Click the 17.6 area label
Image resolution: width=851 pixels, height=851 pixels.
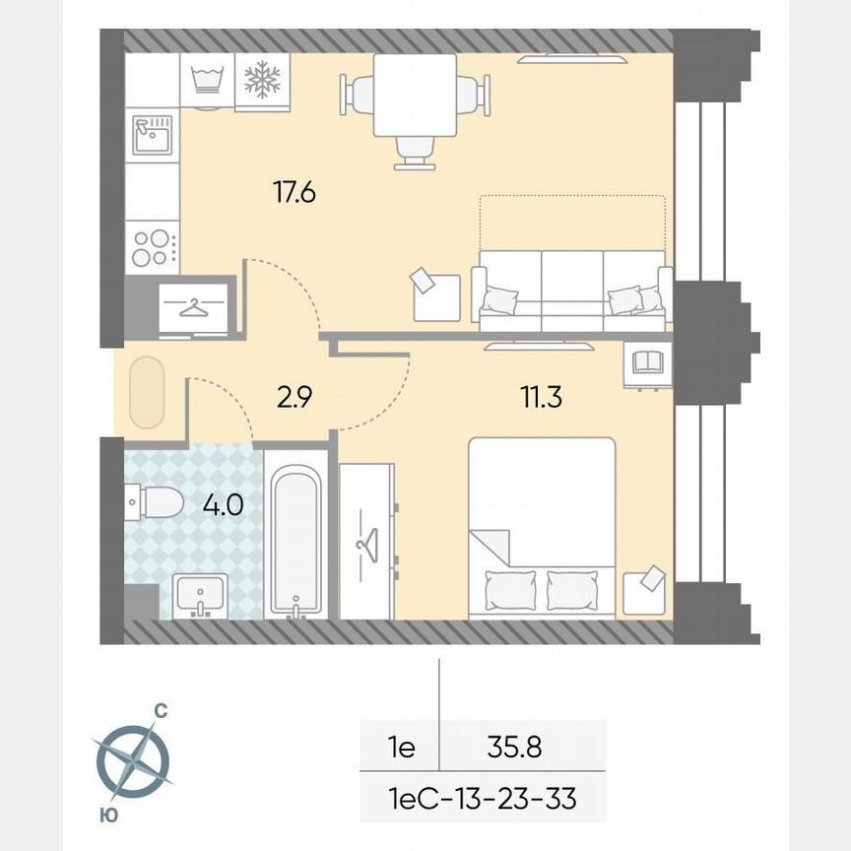point(294,191)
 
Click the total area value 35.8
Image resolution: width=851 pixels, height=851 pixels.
point(514,748)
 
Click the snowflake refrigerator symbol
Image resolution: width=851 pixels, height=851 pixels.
point(262,79)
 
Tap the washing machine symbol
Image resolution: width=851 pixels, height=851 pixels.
point(208,79)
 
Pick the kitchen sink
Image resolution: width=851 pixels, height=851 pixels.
point(153,136)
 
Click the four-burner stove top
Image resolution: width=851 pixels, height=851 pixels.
point(152,247)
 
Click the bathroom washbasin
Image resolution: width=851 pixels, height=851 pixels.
point(201,595)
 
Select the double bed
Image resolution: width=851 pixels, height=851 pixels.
point(542,528)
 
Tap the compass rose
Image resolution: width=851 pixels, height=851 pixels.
point(132,758)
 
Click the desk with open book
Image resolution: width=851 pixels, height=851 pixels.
point(647,362)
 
